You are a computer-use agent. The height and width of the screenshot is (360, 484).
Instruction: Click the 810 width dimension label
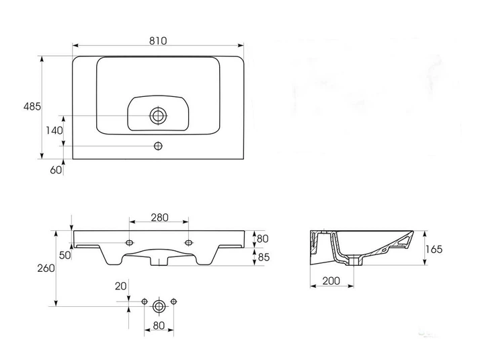(x=158, y=41)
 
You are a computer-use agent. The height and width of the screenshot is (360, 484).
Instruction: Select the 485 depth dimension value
(x=32, y=106)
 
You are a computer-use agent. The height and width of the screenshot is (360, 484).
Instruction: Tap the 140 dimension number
(x=54, y=131)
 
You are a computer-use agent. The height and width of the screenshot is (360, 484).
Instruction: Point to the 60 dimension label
(x=56, y=170)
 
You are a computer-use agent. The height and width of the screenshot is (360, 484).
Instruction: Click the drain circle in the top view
(x=158, y=116)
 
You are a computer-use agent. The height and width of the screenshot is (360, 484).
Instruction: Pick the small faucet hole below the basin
(x=158, y=146)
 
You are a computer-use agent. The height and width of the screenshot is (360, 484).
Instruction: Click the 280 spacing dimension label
(x=159, y=217)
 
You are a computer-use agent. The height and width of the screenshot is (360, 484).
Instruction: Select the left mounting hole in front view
(x=130, y=242)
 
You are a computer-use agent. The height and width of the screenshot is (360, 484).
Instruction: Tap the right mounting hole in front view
(x=189, y=242)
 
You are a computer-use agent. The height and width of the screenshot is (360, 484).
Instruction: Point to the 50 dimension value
(x=65, y=255)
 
